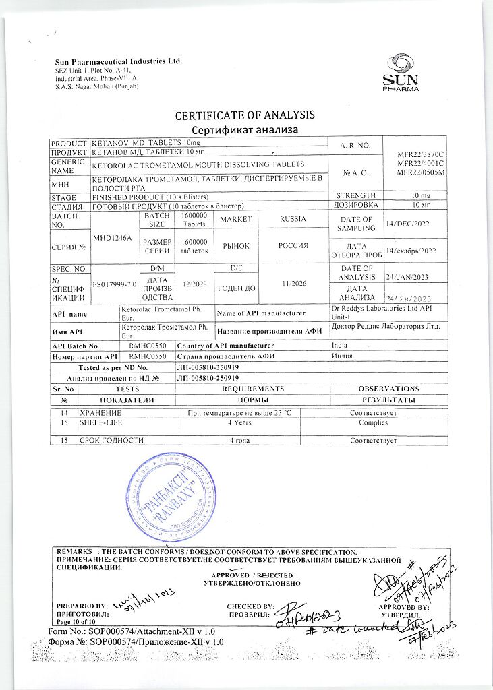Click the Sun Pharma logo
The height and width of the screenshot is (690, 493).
401,74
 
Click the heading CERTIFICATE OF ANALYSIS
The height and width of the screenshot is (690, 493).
245,115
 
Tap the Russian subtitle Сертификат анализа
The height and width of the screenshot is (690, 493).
245,129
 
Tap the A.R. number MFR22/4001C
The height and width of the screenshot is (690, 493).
415,164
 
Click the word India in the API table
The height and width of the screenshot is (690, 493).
341,346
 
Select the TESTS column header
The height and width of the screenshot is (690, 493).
127,389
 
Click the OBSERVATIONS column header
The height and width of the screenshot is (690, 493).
388,389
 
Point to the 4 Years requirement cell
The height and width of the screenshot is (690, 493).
240,422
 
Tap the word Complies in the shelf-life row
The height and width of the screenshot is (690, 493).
373,422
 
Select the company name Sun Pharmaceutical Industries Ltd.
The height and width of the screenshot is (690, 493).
119,61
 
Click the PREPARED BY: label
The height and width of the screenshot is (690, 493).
82,606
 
